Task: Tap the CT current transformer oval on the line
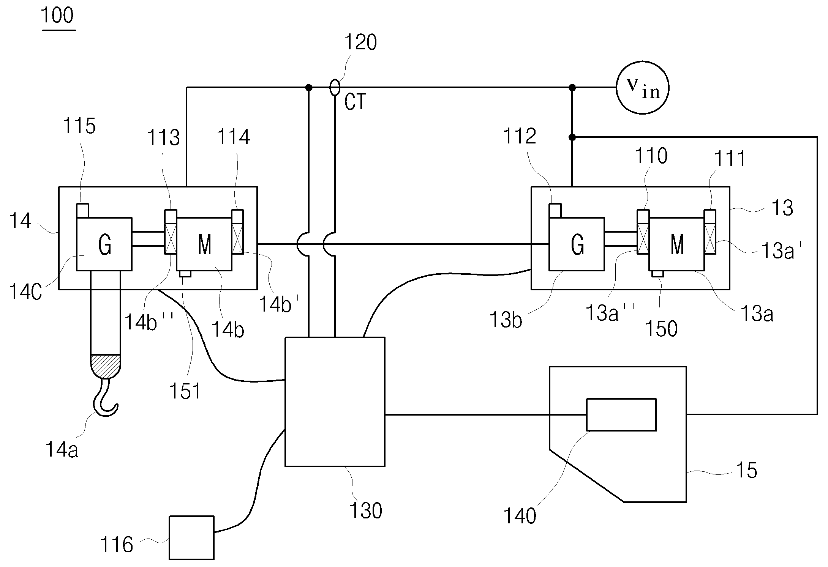coord(335,88)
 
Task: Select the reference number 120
coord(360,42)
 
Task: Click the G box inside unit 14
coord(104,244)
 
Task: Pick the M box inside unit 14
coord(204,244)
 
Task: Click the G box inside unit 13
coord(577,244)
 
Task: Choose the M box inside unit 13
coord(676,244)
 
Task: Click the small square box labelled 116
coord(191,537)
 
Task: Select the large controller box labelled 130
coord(335,402)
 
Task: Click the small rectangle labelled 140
coord(621,414)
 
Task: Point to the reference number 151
coord(185,391)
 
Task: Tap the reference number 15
coord(747,470)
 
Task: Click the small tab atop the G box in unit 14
coord(83,211)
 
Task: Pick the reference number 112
coord(519,136)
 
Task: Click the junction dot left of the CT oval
coord(309,88)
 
